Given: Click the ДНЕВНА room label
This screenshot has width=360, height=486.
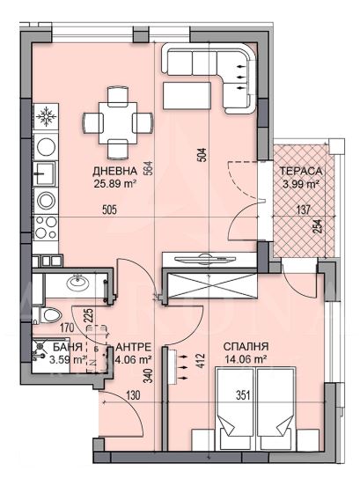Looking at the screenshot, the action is [x=114, y=171].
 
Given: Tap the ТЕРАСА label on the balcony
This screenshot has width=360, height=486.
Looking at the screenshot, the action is [x=301, y=171].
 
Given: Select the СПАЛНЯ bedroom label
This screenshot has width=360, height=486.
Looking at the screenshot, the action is [x=246, y=347].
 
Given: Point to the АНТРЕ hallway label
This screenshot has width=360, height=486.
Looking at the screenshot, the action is [x=133, y=347].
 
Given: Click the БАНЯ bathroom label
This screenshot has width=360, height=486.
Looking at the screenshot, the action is [x=68, y=347].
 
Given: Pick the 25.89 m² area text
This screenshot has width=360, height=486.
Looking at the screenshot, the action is [x=115, y=184].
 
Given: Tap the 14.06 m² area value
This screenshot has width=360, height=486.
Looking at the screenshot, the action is [x=246, y=359].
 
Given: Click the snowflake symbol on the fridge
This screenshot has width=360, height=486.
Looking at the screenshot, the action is [x=46, y=116].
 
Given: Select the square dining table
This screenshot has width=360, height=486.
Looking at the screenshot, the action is [x=118, y=122].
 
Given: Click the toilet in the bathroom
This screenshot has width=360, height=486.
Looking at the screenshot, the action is [x=48, y=315].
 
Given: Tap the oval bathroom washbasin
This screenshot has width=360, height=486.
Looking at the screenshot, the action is [x=78, y=282].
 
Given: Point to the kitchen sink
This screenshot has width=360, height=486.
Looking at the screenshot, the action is [x=46, y=173].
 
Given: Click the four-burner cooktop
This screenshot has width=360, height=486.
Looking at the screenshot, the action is [x=46, y=228].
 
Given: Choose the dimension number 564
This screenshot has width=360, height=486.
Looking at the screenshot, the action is [x=150, y=168].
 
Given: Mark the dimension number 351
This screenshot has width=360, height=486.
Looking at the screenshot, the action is [x=243, y=395].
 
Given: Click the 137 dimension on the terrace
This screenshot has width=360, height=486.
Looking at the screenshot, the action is [x=304, y=210].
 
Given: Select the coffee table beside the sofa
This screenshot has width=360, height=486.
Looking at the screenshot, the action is [x=187, y=95].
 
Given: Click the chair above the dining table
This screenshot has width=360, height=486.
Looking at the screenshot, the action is [x=118, y=94].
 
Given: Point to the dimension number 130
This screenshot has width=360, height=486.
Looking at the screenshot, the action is [x=134, y=395].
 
